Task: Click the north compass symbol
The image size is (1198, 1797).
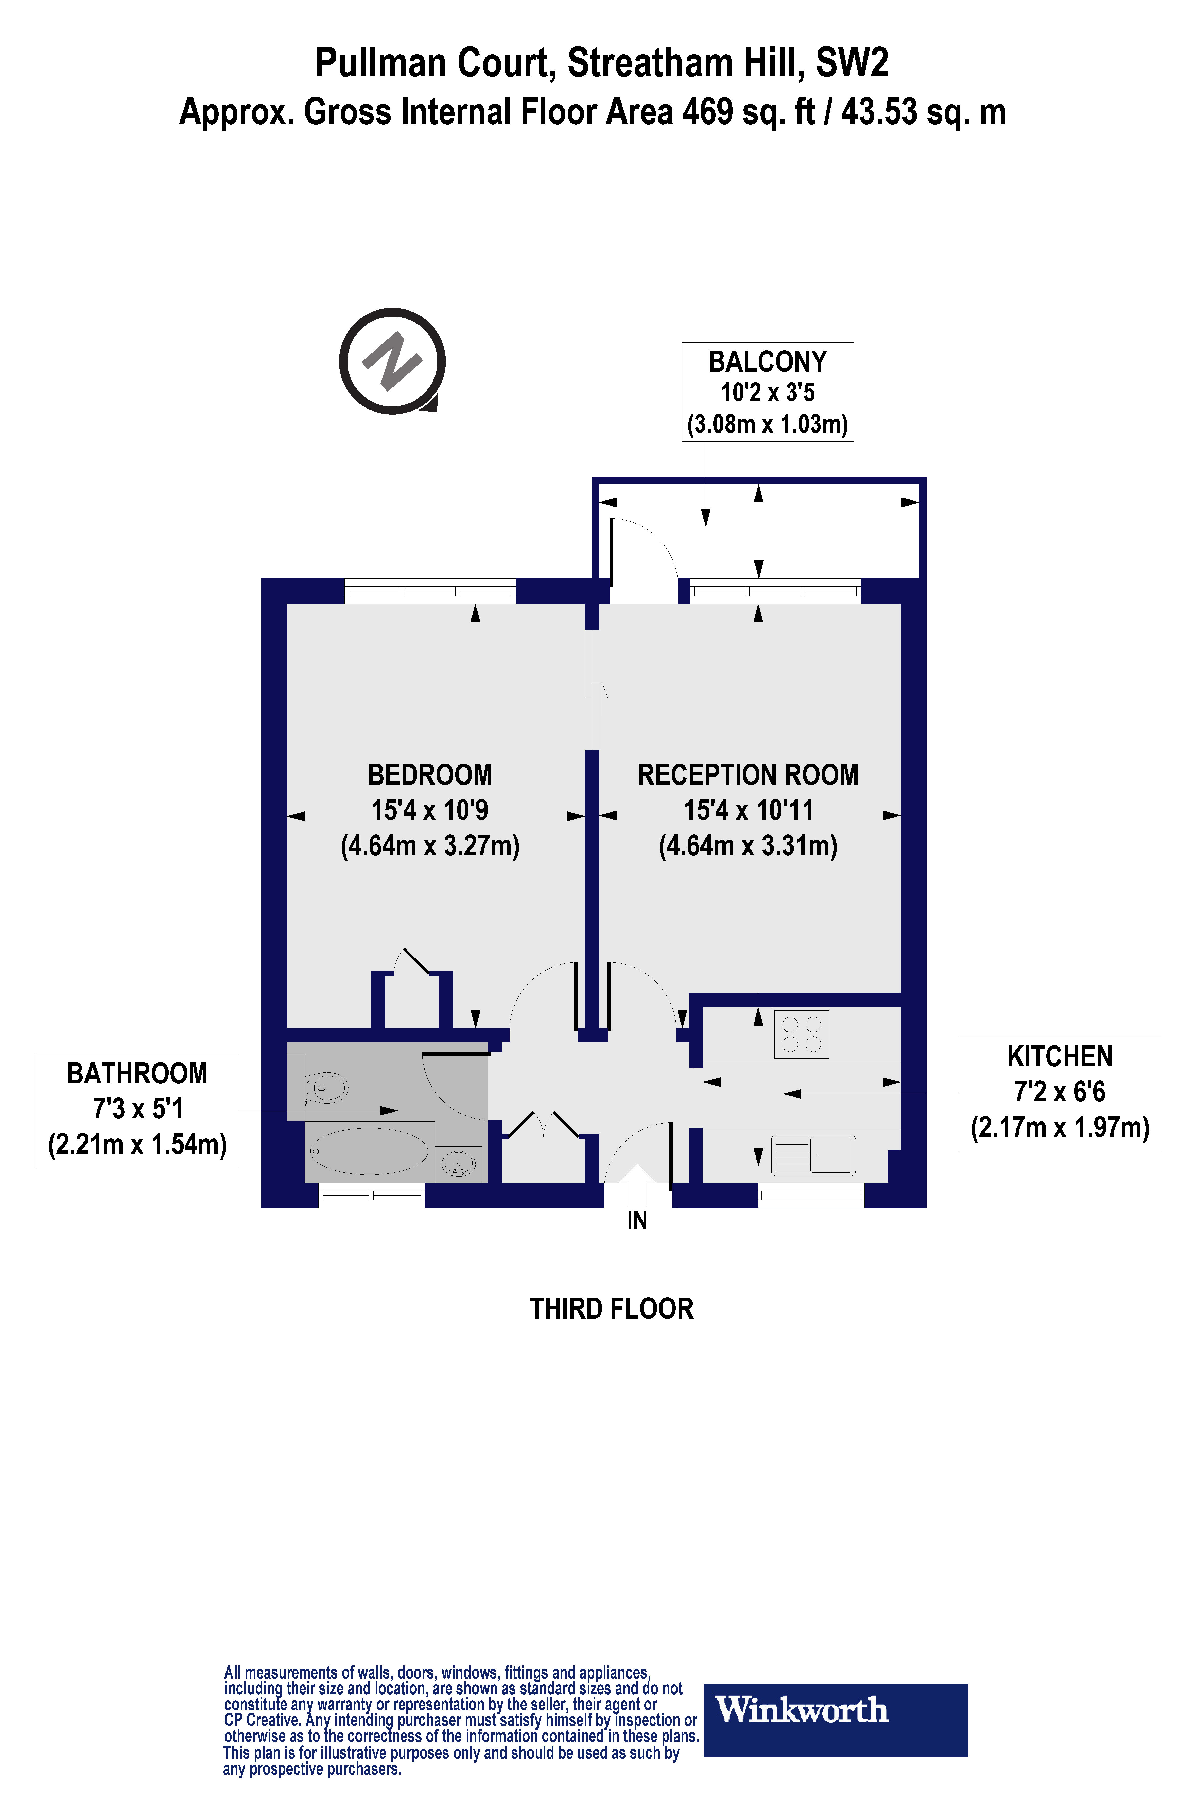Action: [x=392, y=361]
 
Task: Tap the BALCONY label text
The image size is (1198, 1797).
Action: [x=767, y=361]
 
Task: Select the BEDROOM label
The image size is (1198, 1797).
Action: [x=429, y=775]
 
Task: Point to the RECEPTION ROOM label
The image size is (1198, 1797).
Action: [x=747, y=775]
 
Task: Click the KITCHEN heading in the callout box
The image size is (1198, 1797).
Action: [x=1059, y=1057]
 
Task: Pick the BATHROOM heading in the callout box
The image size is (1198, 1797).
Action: [x=137, y=1074]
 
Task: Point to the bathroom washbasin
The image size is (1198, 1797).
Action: [x=458, y=1164]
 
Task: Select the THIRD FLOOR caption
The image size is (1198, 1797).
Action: [x=611, y=1309]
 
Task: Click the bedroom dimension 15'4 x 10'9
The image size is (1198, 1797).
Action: [x=429, y=810]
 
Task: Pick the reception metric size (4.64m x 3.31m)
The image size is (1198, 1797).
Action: [x=747, y=846]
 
